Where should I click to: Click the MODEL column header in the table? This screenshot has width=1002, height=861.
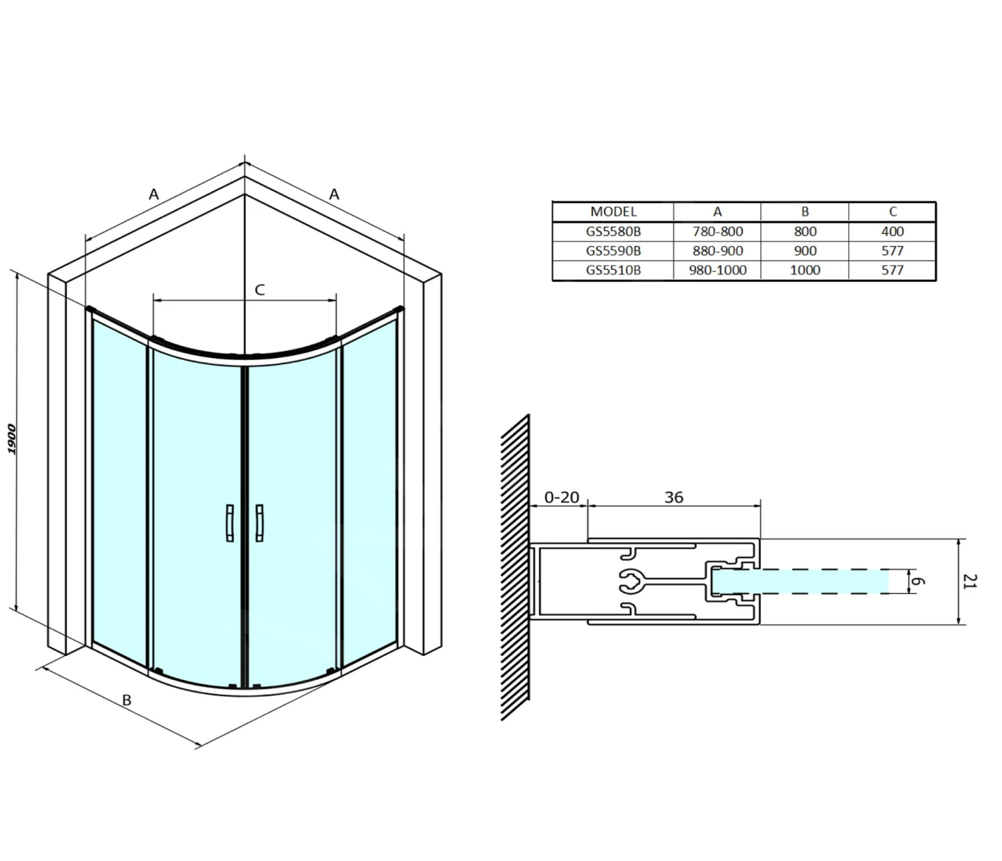(613, 211)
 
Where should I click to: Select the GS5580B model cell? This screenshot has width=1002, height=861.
(613, 231)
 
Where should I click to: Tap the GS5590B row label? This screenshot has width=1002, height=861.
(613, 250)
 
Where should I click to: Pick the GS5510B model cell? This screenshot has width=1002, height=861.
(613, 270)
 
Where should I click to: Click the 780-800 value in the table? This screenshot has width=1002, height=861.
(717, 231)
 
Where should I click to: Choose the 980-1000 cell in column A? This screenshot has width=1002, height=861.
(717, 270)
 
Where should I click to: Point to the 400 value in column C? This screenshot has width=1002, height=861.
(892, 231)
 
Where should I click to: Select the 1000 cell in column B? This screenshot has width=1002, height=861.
(805, 270)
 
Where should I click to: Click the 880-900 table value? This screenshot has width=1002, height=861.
(717, 250)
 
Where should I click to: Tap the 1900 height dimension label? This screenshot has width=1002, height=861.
(12, 440)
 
